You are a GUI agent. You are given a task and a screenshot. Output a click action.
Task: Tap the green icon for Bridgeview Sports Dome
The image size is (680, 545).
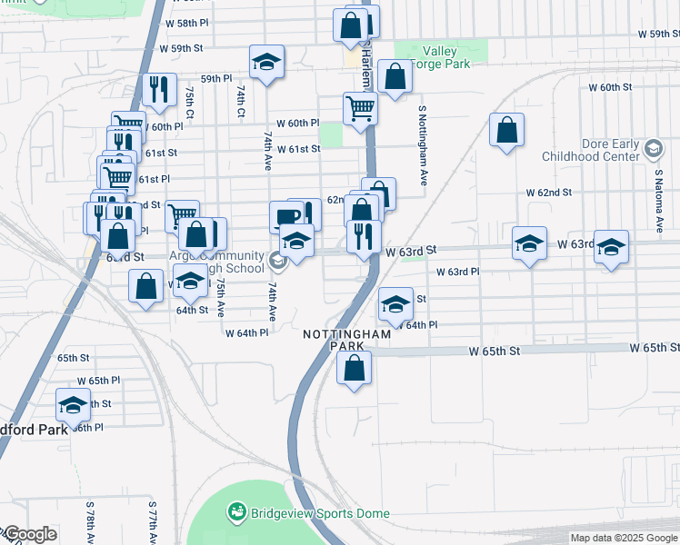point(237,513)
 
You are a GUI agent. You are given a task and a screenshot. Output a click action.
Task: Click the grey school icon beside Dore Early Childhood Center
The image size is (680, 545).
point(653,148)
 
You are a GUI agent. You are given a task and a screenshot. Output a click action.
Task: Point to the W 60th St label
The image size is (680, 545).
point(609,87)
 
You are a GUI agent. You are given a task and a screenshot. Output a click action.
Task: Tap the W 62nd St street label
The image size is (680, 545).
point(549,193)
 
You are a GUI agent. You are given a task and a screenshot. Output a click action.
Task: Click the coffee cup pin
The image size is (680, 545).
point(286,217)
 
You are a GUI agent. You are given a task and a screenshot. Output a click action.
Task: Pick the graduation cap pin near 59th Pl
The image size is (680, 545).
point(266,62)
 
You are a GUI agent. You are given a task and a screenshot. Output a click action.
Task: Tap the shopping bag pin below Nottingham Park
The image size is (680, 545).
point(355,368)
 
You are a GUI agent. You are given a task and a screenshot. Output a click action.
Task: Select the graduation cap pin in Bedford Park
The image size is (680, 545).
point(73,404)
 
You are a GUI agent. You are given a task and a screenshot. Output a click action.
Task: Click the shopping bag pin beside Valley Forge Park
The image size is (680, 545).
point(395,77)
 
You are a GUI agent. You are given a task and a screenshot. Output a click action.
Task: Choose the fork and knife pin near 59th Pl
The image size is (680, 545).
point(158,89)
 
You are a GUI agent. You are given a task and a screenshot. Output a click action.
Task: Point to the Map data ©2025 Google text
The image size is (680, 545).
point(623,538)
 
